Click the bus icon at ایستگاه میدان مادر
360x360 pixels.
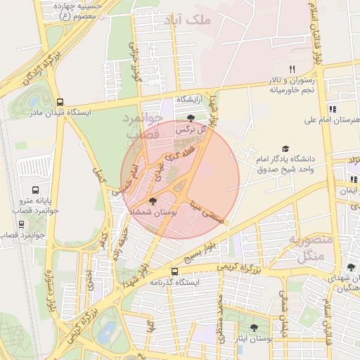tap(61, 102)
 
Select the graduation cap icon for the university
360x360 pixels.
tap(285, 148)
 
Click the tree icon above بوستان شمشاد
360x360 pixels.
tap(154, 202)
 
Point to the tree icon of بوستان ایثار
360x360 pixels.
tap(254, 328)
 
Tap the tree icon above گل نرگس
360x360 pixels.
tap(191, 118)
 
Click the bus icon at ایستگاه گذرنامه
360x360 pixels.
tap(175, 271)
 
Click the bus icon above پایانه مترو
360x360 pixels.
tap(36, 189)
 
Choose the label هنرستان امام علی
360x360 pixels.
tap(331, 120)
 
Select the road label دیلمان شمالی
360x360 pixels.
tap(283, 312)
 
